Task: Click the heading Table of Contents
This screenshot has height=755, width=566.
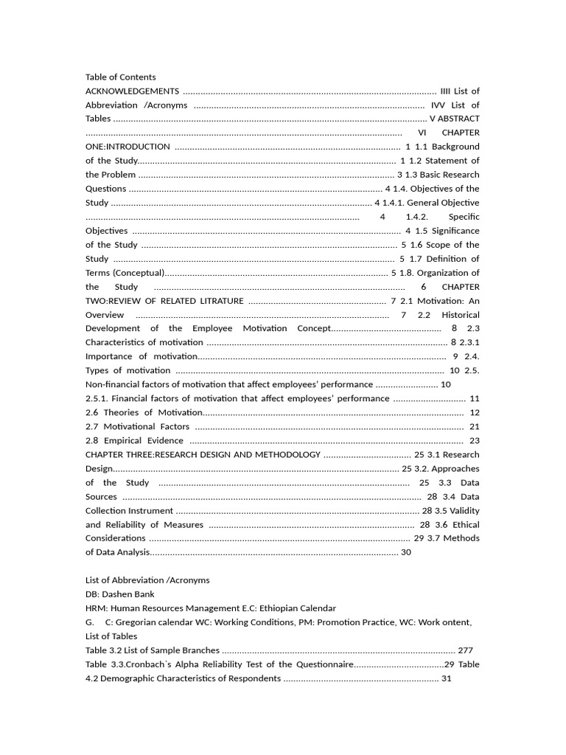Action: click(x=121, y=77)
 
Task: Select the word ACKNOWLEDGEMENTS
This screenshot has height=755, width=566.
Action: click(x=132, y=91)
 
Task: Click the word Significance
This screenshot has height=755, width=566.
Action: click(x=455, y=231)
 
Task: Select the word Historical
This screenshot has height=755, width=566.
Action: click(x=461, y=315)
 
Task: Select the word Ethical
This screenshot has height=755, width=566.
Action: click(x=462, y=525)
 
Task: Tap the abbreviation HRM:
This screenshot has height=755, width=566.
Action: click(x=97, y=608)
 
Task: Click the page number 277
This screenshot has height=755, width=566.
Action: click(x=465, y=650)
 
